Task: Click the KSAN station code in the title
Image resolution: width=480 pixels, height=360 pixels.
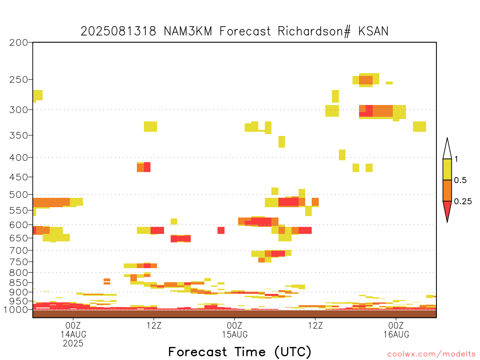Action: (x=373, y=31)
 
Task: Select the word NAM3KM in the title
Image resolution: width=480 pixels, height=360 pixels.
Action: (x=188, y=31)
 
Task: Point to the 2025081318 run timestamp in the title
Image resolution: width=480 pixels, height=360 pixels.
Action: (x=119, y=31)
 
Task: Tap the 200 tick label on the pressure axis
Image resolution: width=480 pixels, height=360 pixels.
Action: (x=19, y=43)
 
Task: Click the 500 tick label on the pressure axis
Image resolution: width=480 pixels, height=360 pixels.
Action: (x=19, y=195)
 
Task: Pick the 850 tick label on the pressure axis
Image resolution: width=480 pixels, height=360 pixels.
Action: (x=19, y=283)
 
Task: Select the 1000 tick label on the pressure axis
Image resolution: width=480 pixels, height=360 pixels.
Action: (x=16, y=310)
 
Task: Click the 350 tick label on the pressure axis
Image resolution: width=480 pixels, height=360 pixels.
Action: (x=19, y=135)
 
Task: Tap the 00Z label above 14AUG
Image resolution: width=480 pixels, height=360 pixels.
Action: (x=73, y=325)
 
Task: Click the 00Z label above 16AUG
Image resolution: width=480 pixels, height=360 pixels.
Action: (x=396, y=325)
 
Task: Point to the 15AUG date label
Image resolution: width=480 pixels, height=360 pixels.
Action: (x=235, y=334)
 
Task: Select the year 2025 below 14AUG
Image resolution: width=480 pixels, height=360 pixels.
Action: (x=73, y=344)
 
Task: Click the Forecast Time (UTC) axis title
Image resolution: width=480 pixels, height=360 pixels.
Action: (x=240, y=352)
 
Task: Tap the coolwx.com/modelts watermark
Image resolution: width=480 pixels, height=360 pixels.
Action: (x=431, y=354)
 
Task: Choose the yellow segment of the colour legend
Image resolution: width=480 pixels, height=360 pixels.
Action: (x=447, y=169)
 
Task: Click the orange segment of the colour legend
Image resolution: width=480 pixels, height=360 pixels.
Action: (x=447, y=190)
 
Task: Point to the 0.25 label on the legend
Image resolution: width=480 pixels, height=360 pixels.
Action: (x=463, y=202)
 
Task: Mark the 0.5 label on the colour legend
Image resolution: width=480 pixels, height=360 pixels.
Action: (x=460, y=180)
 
